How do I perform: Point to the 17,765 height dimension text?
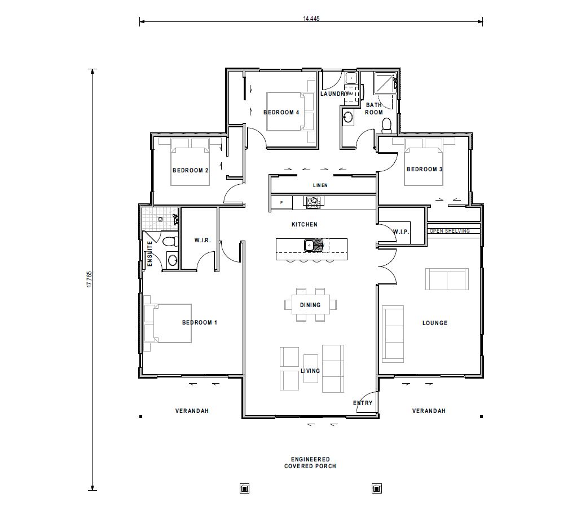pos(89,279)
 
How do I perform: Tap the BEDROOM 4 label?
pos(281,113)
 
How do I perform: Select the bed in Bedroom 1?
pos(168,323)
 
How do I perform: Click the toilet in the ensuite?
pos(169,242)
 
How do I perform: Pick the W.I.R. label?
pos(203,241)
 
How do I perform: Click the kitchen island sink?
pos(310,245)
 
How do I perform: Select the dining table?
pos(310,305)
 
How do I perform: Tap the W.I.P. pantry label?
pos(401,232)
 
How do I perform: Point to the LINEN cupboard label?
pos(320,185)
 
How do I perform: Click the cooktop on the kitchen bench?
pos(313,201)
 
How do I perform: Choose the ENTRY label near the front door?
pos(363,403)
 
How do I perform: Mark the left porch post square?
pos(244,488)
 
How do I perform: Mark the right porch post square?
pos(377,488)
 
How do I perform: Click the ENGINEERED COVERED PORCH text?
pos(310,463)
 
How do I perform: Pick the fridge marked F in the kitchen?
pos(281,202)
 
